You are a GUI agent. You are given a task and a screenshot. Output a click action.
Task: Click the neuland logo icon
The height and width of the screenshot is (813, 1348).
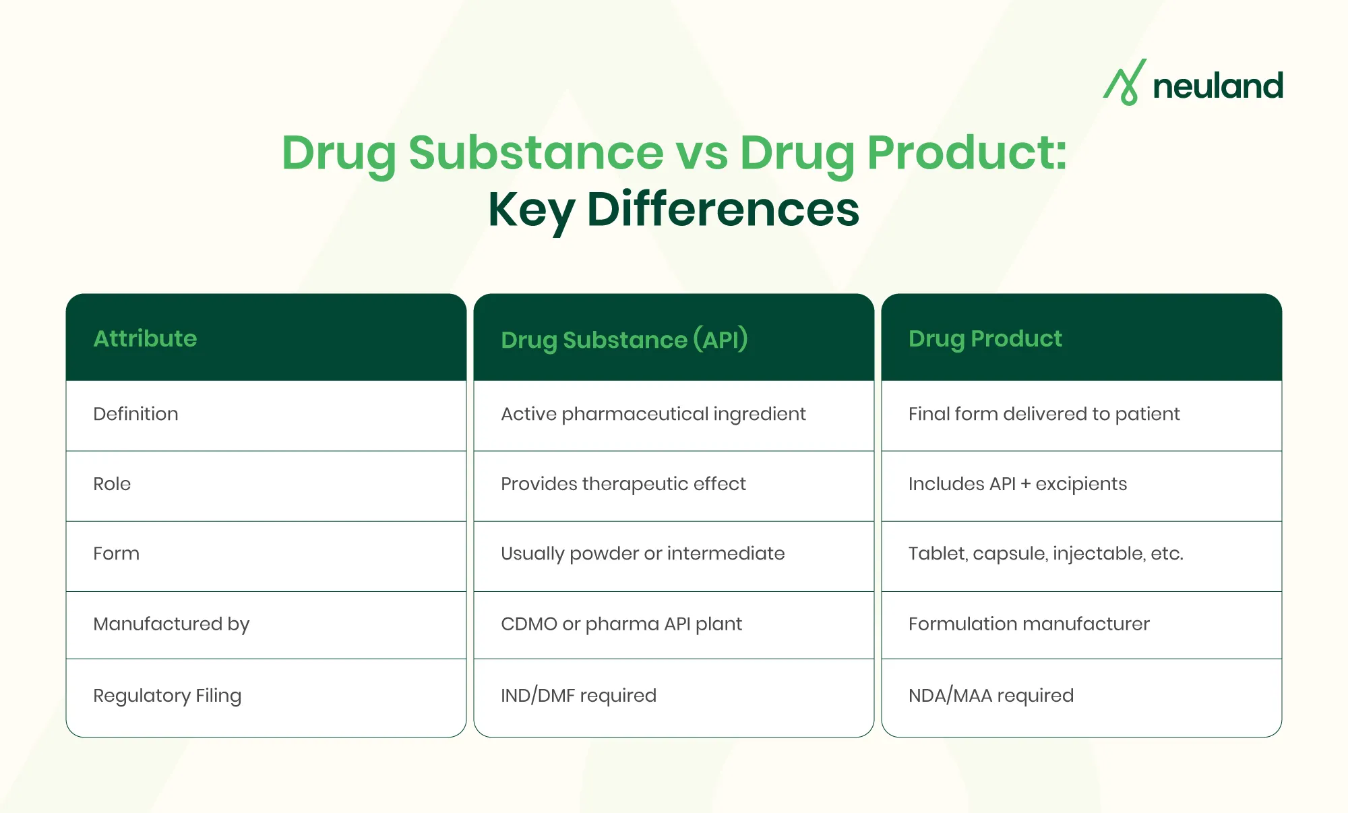[1125, 83]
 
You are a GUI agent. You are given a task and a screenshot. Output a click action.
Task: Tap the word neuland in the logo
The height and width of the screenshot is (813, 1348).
[1217, 86]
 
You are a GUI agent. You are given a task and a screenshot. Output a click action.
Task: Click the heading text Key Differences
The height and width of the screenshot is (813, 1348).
[673, 209]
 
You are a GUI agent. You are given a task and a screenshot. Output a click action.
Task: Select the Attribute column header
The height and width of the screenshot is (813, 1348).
[145, 338]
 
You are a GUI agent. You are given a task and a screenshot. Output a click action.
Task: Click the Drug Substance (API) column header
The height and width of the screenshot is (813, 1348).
[624, 339]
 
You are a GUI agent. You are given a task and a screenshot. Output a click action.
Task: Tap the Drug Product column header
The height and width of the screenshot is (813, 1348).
[985, 338]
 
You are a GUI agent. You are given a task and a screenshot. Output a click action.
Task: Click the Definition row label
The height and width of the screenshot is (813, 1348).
[135, 414]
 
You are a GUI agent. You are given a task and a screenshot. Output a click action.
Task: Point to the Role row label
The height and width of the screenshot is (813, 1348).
[112, 484]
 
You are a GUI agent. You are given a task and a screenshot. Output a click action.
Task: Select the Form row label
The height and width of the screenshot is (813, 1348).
[116, 553]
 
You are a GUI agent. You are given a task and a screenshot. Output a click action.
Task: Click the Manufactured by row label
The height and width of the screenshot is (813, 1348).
[171, 624]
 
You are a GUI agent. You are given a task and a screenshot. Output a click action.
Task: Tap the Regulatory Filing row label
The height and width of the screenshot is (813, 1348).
[167, 696]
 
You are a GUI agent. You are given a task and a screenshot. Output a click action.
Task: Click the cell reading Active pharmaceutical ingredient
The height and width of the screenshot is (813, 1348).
[653, 414]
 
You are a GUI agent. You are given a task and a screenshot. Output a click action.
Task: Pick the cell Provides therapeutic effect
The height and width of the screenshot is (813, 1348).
[623, 484]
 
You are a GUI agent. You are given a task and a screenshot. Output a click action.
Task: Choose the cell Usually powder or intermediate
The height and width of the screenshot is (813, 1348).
[642, 553]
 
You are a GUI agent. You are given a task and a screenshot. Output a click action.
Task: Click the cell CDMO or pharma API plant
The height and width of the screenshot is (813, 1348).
[621, 624]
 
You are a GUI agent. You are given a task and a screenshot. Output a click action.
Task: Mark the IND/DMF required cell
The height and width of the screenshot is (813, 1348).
[578, 696]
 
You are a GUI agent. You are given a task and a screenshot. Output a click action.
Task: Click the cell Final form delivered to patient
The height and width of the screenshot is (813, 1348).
[1044, 414]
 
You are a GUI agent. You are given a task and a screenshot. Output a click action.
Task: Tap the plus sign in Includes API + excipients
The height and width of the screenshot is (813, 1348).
[1025, 485]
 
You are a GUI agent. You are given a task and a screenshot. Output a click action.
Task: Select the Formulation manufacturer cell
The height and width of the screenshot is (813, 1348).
[1029, 624]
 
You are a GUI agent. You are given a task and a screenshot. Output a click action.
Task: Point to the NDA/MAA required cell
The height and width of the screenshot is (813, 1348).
[991, 696]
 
